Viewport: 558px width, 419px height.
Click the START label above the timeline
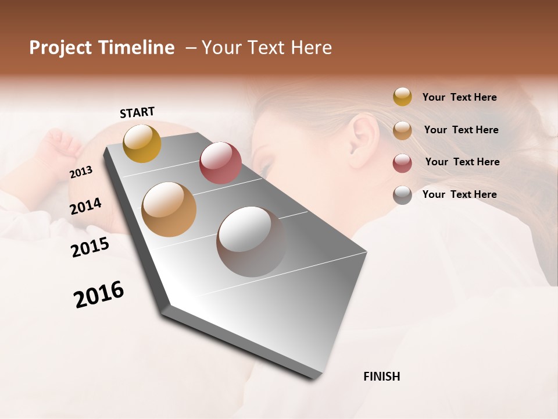[x=137, y=112]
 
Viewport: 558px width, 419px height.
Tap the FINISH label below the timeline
[x=381, y=377]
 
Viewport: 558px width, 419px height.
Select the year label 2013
[x=81, y=172]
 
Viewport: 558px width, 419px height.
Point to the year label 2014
[x=86, y=207]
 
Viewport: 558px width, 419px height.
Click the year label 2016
[x=99, y=294]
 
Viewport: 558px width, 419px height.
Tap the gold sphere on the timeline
[x=142, y=143]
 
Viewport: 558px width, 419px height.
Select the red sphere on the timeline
[x=220, y=163]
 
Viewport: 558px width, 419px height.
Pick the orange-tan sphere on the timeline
[x=169, y=210]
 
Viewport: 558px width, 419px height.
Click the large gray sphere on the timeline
[x=251, y=242]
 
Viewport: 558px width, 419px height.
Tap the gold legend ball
[x=402, y=97]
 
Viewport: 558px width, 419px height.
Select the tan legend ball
[x=402, y=130]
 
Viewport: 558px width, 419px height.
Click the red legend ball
[x=402, y=163]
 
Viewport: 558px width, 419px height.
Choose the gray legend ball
[x=402, y=195]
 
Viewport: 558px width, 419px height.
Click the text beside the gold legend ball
[x=459, y=97]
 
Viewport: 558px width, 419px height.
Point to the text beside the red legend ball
[x=462, y=162]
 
